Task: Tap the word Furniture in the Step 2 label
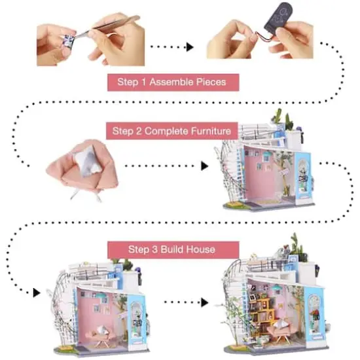[x=207, y=132]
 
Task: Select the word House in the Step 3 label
[x=201, y=249]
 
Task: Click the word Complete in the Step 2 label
[x=164, y=132]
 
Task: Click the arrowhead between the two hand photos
[x=189, y=47]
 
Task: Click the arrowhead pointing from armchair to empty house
[x=193, y=166]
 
